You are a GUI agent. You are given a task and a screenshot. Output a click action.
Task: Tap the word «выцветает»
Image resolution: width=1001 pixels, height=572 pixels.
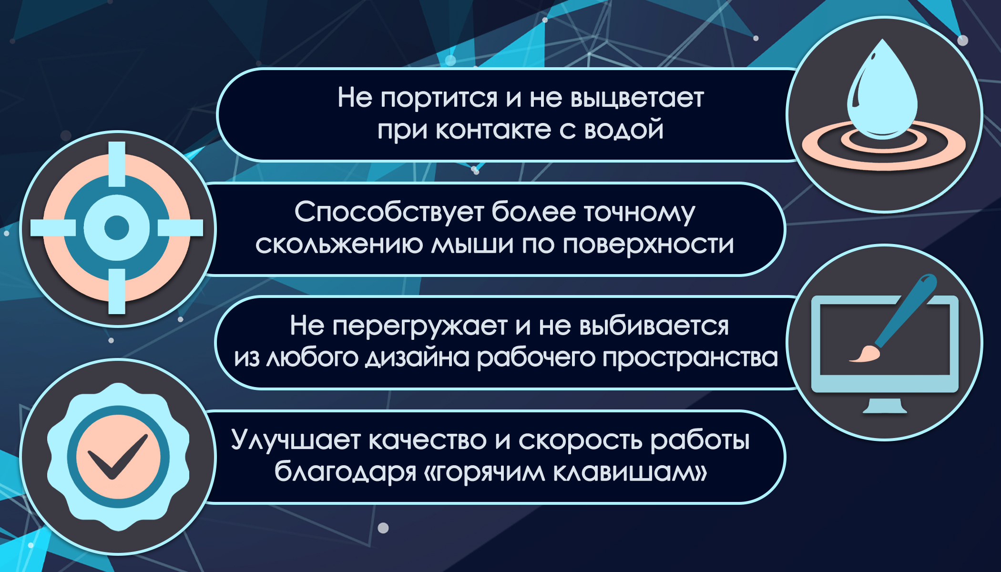[x=637, y=99]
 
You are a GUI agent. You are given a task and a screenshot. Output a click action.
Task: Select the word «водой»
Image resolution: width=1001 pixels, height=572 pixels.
[x=623, y=130]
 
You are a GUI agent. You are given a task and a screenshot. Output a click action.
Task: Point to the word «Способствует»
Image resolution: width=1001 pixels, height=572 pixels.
[x=388, y=212]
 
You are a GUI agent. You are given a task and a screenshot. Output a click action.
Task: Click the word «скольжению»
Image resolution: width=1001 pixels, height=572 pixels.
[x=339, y=245]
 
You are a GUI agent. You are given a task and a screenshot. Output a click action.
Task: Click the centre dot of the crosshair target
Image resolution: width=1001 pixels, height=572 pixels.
[x=117, y=228]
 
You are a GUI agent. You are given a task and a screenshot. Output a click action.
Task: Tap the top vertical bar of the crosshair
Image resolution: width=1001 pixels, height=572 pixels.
[x=117, y=164]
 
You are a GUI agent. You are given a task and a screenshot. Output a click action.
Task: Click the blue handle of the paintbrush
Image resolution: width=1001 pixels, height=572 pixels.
[x=906, y=310]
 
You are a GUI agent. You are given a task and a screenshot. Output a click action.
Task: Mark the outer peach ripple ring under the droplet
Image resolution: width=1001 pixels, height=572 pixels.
[x=883, y=163]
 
